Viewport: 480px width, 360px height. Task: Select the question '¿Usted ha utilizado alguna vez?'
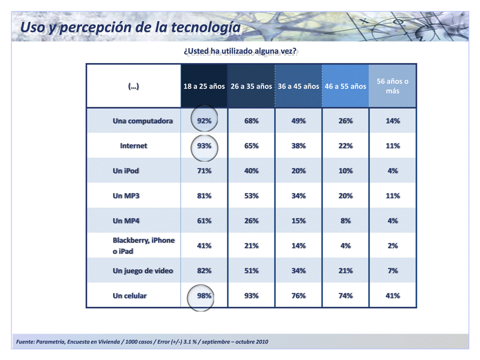(x=240, y=51)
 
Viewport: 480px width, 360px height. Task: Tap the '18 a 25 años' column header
(x=204, y=86)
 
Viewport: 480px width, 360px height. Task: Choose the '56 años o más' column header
(x=392, y=86)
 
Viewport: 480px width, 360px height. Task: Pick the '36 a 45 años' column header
(x=298, y=86)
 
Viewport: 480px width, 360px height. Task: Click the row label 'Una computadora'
(x=143, y=121)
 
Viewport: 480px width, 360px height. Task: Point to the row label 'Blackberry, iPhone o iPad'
(x=143, y=245)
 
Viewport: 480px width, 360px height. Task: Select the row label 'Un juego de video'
(x=143, y=270)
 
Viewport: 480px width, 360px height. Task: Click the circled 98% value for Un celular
(x=204, y=295)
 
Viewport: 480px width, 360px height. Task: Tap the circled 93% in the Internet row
(x=204, y=146)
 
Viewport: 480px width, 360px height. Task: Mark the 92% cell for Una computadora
(x=204, y=121)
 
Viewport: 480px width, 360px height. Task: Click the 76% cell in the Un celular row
(x=298, y=295)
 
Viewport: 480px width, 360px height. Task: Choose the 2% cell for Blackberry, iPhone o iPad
(x=392, y=245)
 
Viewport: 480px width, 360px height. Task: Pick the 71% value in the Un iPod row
(x=204, y=170)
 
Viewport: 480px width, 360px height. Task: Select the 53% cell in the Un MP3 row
(x=251, y=195)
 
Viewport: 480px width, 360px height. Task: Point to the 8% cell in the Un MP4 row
(x=345, y=220)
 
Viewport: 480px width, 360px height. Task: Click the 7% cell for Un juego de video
(x=392, y=270)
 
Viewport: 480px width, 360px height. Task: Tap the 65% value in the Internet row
(x=251, y=146)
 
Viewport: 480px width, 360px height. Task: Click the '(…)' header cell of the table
(x=133, y=86)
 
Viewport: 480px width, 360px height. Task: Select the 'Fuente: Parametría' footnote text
(x=142, y=341)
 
